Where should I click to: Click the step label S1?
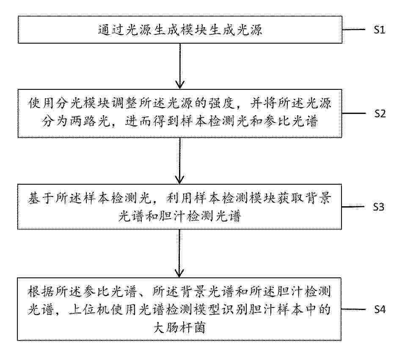click(379, 30)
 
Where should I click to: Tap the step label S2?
click(380, 114)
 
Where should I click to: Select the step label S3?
click(378, 207)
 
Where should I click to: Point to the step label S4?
click(380, 309)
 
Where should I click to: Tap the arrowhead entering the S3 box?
click(179, 180)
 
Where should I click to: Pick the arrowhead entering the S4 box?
click(179, 273)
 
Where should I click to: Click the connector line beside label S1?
click(354, 29)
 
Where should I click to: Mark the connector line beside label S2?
click(354, 113)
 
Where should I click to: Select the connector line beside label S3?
click(353, 207)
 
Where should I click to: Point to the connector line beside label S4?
click(353, 309)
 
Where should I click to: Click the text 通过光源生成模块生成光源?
click(180, 30)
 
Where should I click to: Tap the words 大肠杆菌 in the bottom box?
click(179, 327)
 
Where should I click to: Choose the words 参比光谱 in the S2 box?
click(290, 122)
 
